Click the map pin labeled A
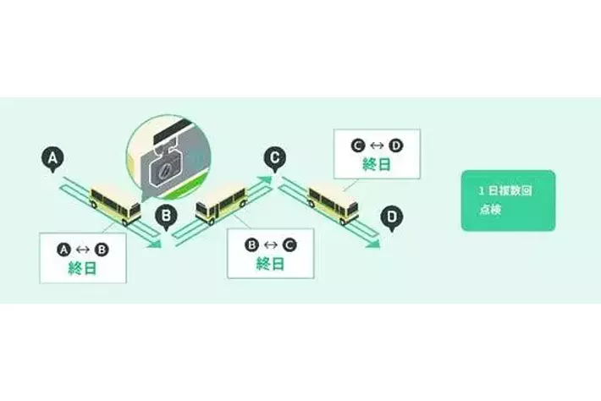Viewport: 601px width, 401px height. coord(52,158)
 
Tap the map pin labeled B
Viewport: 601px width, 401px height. coord(167,216)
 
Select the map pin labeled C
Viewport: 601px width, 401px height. coord(273,157)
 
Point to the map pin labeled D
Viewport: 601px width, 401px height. coord(390,217)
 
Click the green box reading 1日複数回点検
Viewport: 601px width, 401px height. coord(508,200)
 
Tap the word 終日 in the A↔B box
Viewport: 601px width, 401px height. coord(83,268)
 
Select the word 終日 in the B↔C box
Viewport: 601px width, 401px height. coord(270,264)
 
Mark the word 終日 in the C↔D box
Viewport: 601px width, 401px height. coord(376,164)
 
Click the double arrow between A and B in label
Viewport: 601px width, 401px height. coord(83,249)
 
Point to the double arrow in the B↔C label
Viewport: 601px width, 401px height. coord(270,244)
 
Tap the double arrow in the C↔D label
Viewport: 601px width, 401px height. coord(376,145)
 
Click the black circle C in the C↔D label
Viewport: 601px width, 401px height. coord(357,145)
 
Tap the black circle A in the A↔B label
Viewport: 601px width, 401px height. coord(63,249)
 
